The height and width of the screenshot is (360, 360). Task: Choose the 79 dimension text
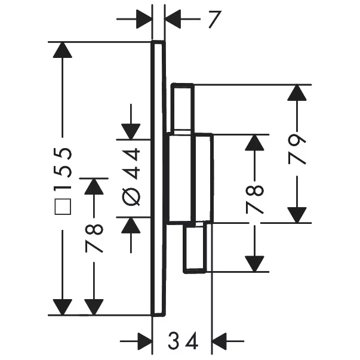(297, 149)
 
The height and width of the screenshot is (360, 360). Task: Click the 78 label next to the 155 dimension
(94, 238)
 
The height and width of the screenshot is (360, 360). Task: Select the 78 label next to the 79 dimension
(255, 199)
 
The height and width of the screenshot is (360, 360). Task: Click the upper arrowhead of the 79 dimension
(297, 93)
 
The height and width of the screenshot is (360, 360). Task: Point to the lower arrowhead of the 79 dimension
(297, 214)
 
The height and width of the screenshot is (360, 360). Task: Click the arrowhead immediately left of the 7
(144, 19)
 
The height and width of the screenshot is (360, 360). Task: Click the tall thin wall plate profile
(158, 178)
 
